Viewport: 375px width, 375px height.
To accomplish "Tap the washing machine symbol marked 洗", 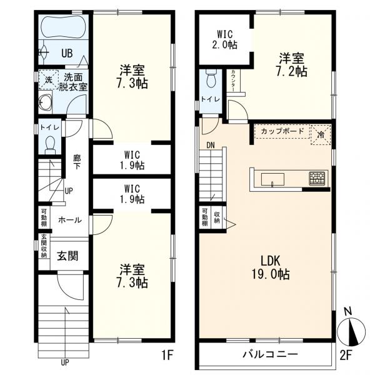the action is coord(49,79).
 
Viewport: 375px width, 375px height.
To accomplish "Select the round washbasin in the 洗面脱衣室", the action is coord(46,102).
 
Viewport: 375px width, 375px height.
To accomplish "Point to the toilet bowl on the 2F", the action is coord(211,78).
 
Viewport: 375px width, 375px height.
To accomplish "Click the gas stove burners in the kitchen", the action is coord(317,178).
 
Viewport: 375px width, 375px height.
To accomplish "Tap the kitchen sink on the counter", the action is coord(272,179).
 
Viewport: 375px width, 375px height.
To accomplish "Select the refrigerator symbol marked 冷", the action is coord(321,134).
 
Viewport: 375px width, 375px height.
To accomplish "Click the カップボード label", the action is coord(282,131).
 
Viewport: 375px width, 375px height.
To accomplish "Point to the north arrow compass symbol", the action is coord(351,331).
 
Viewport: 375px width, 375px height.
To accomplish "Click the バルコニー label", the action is coord(270,354).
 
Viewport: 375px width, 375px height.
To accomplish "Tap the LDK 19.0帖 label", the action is coord(271,267).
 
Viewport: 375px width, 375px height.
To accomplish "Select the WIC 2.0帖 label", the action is coord(225,39).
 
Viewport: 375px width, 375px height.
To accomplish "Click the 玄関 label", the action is coord(67,256).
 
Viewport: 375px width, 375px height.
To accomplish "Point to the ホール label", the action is coord(70,220).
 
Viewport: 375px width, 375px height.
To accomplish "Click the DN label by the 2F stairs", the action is coord(211,145).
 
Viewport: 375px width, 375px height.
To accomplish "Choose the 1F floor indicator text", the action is coord(167,355).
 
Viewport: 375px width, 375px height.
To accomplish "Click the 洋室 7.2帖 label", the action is coord(292,65).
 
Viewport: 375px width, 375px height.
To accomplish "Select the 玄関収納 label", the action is coord(44,246).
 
